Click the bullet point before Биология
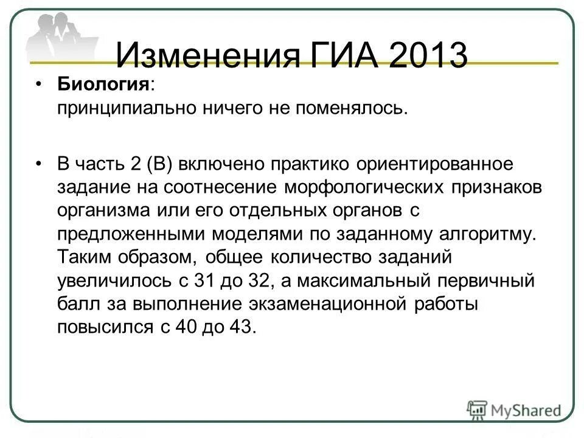(39, 86)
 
